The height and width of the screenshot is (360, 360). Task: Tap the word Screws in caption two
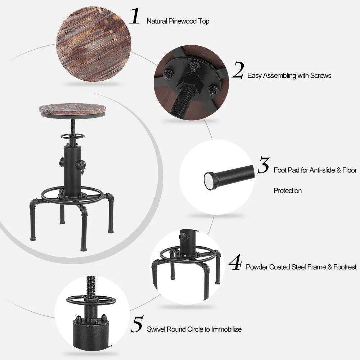coord(320,76)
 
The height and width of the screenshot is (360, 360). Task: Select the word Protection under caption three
coord(287,190)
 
